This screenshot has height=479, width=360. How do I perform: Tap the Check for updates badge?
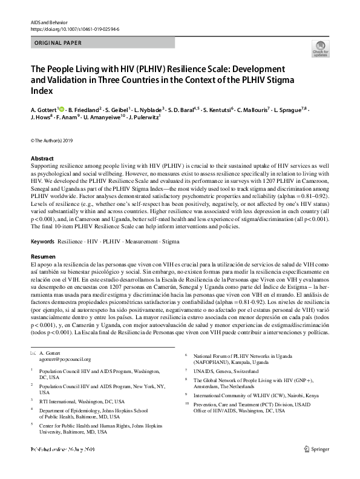(x=319, y=48)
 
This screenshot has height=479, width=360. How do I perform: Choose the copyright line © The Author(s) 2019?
(x=51, y=141)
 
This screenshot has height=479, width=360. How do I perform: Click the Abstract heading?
(x=42, y=158)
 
